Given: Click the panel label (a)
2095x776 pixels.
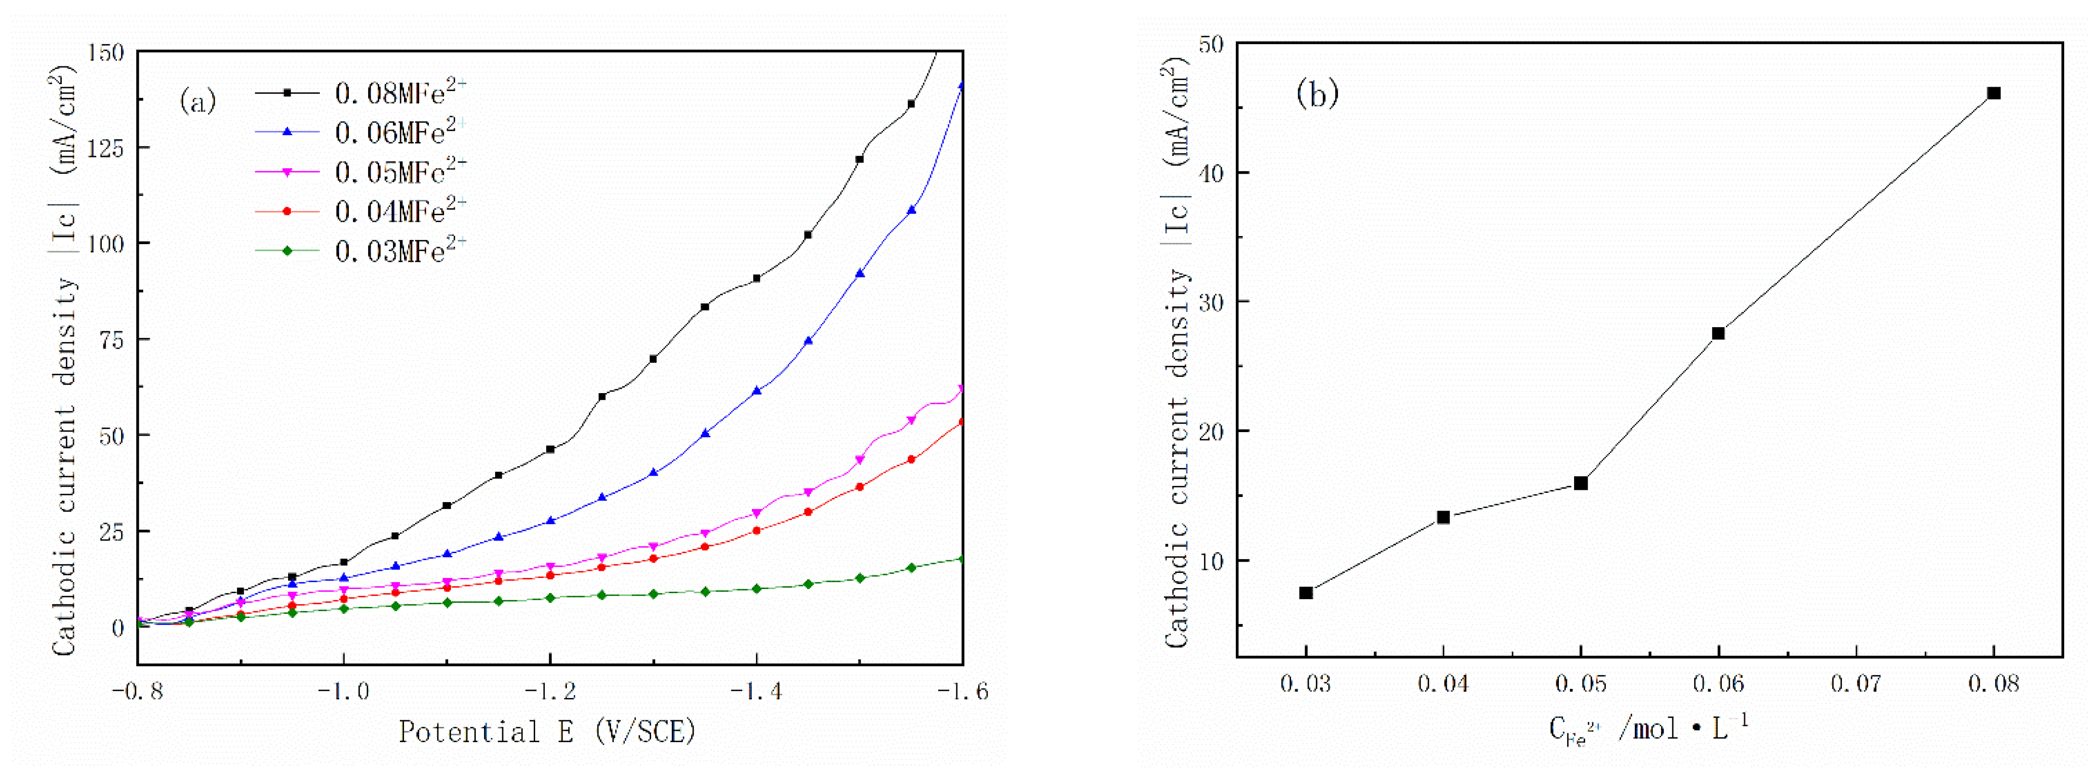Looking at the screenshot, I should coord(197,102).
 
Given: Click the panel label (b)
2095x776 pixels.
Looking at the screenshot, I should coord(1317,94).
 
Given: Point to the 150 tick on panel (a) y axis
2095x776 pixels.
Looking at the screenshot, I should coord(106,53).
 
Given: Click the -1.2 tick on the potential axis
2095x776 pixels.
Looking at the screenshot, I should coord(551,691).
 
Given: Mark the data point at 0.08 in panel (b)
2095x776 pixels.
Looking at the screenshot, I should coord(1993,94).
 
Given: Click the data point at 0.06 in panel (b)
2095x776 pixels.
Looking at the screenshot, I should coord(1718,333).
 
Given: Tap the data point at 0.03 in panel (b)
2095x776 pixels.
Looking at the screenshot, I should coord(1306,593).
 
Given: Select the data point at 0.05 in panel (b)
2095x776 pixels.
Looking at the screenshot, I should coord(1581,483).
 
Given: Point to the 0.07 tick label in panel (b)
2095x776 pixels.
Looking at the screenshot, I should coord(1856,683).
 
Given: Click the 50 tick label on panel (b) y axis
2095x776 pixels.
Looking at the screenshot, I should coord(1211,44).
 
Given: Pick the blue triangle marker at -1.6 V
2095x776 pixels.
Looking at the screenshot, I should coord(962,86).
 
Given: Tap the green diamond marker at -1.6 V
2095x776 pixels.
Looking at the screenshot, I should coord(962,559).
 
